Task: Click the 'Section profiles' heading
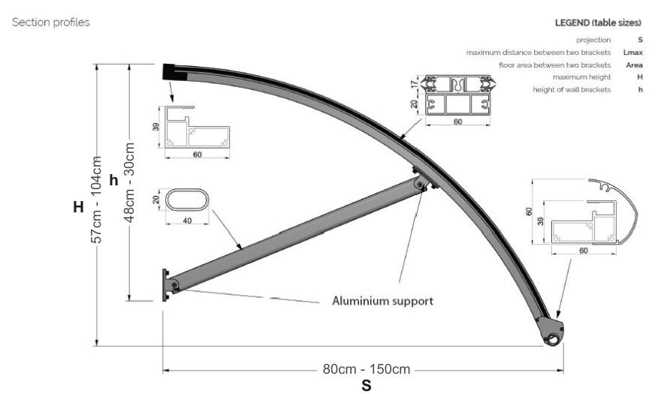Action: [50, 23]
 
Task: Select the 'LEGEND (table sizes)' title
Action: [598, 23]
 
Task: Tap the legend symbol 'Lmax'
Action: [632, 52]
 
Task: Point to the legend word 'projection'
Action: [593, 39]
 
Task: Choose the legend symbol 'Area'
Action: [633, 65]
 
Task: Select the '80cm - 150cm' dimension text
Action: [367, 369]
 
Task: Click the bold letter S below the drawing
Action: [367, 386]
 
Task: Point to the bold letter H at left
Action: [77, 207]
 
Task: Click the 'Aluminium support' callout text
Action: [382, 301]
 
